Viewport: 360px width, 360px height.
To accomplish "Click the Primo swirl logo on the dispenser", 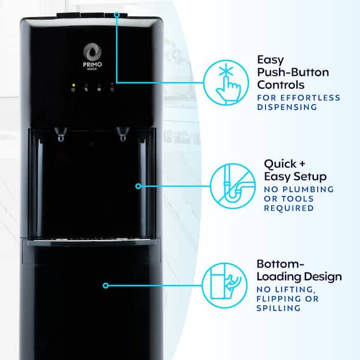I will (92, 51).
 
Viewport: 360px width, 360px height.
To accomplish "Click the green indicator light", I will (73, 85).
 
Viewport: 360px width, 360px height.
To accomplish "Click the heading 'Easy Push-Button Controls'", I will (293, 72).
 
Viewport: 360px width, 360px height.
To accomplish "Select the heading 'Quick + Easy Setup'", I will (295, 170).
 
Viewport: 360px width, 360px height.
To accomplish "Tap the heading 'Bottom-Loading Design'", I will (299, 271).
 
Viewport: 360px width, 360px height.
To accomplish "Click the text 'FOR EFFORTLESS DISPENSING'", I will (298, 102).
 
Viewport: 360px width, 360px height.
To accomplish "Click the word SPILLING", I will (278, 308).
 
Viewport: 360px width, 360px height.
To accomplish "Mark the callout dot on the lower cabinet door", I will (106, 286).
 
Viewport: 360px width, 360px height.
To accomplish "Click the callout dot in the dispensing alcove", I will (139, 186).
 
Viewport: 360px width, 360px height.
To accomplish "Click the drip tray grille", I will (90, 241).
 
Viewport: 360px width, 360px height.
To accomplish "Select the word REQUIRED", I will (289, 208).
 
